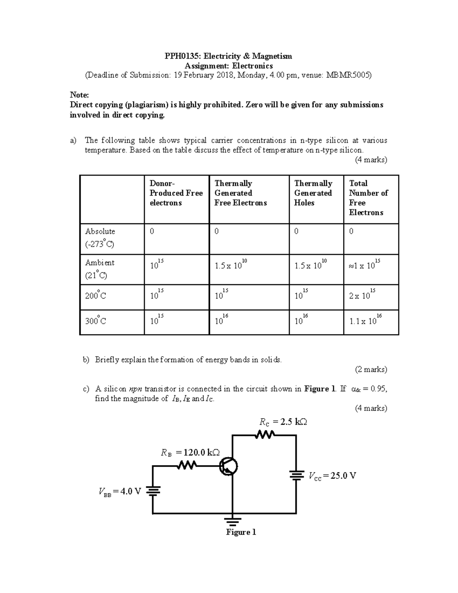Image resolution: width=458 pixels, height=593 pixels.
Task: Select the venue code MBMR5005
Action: (348, 75)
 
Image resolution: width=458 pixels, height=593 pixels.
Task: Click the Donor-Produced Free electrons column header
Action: (176, 193)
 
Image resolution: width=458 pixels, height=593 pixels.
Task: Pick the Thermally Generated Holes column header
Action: (313, 193)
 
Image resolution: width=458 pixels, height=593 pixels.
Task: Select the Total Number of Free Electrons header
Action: (368, 198)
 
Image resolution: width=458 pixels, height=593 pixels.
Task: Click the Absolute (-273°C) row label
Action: (100, 238)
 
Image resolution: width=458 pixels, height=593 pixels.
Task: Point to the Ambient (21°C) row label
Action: (100, 268)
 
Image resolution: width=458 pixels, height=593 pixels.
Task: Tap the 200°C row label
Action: (95, 296)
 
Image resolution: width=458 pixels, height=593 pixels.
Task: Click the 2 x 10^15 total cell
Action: (362, 295)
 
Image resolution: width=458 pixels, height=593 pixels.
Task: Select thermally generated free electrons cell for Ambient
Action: (231, 265)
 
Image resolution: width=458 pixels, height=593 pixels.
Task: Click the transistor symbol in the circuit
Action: (228, 466)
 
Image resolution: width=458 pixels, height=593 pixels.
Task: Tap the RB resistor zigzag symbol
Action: (187, 465)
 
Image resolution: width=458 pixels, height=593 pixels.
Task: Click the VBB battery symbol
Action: (153, 491)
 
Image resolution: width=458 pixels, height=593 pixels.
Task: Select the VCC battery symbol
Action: (296, 476)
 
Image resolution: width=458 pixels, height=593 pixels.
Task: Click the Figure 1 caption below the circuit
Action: (241, 532)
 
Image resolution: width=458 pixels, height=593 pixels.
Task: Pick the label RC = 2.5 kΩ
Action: (283, 422)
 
